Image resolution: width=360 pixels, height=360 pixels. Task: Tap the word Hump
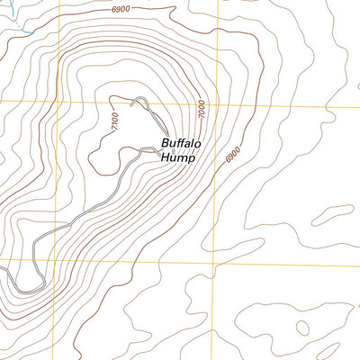177,157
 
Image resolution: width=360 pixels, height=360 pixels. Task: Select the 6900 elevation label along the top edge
121,8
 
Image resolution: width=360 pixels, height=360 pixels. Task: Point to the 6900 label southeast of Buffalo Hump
234,155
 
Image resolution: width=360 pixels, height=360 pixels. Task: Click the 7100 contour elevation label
114,121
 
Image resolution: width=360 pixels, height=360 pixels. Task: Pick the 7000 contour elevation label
202,110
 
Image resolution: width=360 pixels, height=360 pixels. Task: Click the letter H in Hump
165,157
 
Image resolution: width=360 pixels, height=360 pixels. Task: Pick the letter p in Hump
191,159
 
